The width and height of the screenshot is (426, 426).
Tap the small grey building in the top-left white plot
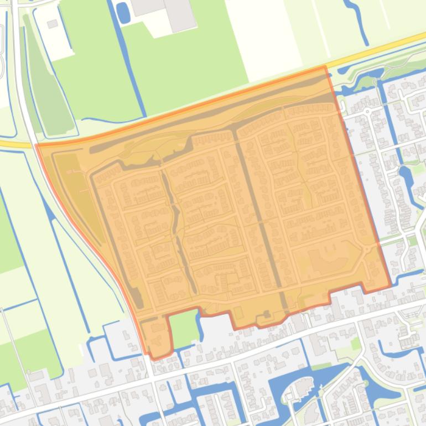pyautogui.click(x=53, y=24)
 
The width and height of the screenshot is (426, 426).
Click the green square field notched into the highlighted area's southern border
pyautogui.click(x=183, y=328)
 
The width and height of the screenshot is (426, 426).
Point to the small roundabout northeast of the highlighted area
pyautogui.click(x=366, y=111)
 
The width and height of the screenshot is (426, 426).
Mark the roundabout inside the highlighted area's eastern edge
pyautogui.click(x=366, y=252)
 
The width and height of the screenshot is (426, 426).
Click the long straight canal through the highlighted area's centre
pyautogui.click(x=260, y=221)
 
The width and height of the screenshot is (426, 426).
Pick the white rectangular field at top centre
pyautogui.click(x=260, y=33)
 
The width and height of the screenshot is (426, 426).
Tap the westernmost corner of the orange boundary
pyautogui.click(x=36, y=146)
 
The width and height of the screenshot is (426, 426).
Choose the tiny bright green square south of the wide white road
pyautogui.click(x=355, y=344)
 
